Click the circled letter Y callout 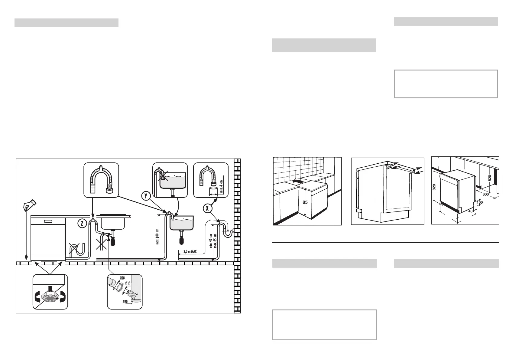click(146, 196)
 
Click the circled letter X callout click(207, 208)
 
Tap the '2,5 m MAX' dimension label click(190, 251)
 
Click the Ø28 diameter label click(122, 277)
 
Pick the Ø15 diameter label click(128, 283)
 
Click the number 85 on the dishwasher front click(305, 202)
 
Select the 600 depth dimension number click(485, 195)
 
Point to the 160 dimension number click(479, 202)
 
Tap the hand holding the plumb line click(29, 205)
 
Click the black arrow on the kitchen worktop click(297, 181)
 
